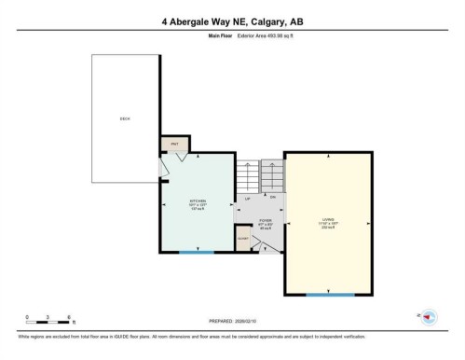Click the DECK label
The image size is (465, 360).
coord(124,118)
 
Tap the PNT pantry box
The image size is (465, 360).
coord(173,145)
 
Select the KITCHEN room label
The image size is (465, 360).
coord(198,202)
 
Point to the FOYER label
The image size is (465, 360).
coord(265,223)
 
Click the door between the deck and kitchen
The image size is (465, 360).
coord(164,166)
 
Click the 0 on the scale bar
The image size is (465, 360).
coord(28,317)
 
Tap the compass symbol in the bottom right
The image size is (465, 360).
coord(428,318)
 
